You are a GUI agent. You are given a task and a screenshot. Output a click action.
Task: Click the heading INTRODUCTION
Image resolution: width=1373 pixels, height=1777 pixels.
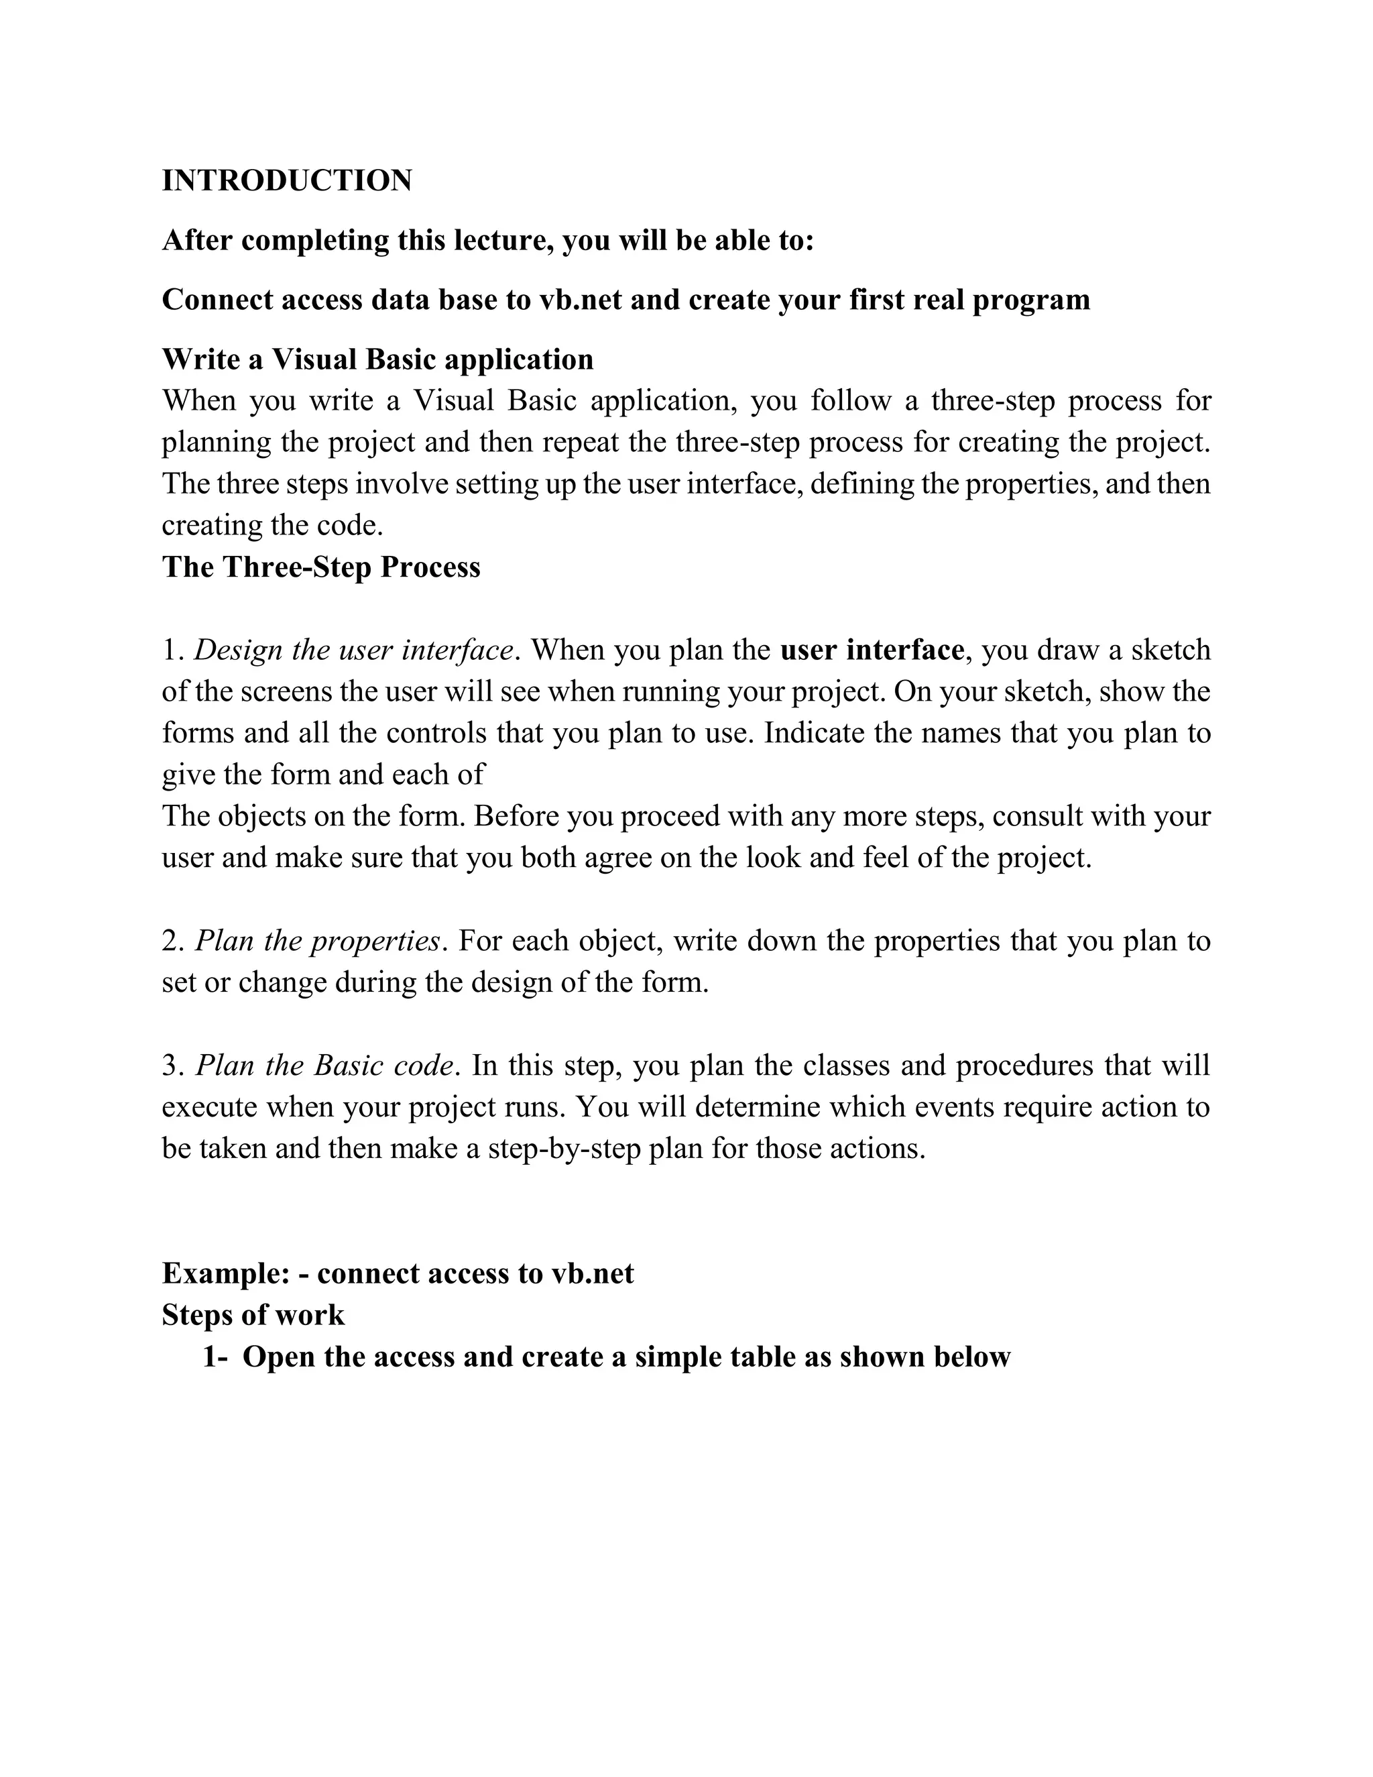coord(287,180)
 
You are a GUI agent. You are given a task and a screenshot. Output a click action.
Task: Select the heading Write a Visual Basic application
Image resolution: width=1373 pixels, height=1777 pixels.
coord(377,359)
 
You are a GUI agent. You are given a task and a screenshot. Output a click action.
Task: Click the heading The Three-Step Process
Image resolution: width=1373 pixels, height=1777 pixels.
coord(321,567)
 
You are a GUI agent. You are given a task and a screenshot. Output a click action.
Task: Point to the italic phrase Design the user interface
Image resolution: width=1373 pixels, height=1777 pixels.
coord(354,650)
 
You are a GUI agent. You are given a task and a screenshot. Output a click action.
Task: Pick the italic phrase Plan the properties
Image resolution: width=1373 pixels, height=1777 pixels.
coord(318,941)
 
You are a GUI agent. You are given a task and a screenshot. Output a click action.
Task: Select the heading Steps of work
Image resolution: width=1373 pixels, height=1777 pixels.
coord(253,1315)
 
